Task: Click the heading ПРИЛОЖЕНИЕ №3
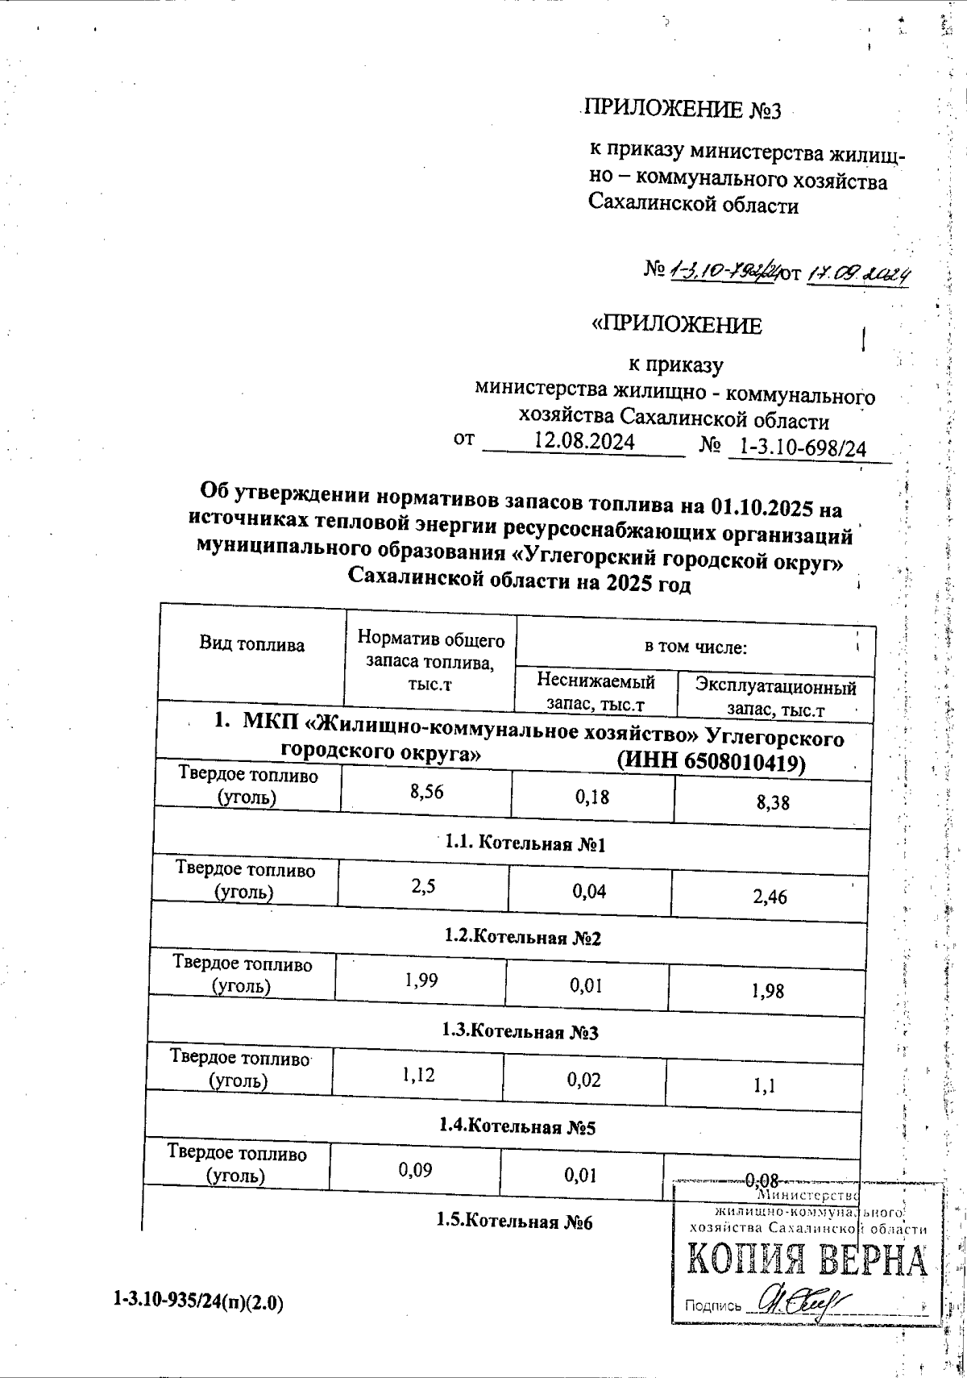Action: [x=683, y=110]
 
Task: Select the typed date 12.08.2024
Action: [x=585, y=442]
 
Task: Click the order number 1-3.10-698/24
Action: [x=802, y=448]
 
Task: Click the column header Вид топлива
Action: [x=251, y=644]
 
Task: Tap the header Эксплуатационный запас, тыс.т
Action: [x=775, y=698]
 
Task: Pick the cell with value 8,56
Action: [x=426, y=792]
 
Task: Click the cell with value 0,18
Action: [x=591, y=797]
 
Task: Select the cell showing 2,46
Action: [x=770, y=897]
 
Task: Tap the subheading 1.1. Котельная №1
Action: [x=525, y=844]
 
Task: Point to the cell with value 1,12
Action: [x=418, y=1075]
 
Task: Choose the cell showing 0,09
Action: [x=415, y=1169]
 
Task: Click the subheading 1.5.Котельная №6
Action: [x=514, y=1221]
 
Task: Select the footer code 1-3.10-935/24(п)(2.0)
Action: [x=198, y=1301]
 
